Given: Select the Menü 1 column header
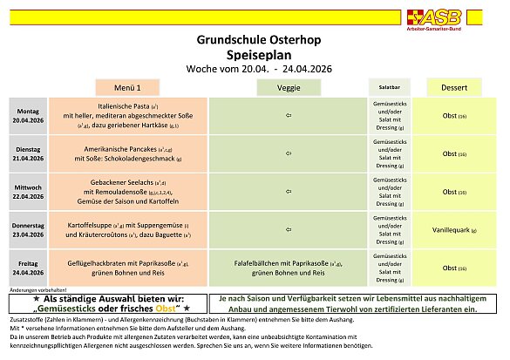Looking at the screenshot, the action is tap(128, 88).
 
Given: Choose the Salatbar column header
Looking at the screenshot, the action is tap(387, 88).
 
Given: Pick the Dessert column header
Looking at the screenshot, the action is tap(452, 88).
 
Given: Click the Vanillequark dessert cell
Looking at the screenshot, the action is tap(452, 229).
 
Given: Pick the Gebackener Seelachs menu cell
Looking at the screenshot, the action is tap(128, 192).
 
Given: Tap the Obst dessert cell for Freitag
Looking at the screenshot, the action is tap(452, 268).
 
